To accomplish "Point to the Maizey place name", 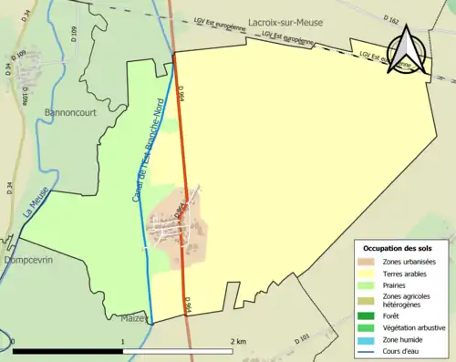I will (134, 318).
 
